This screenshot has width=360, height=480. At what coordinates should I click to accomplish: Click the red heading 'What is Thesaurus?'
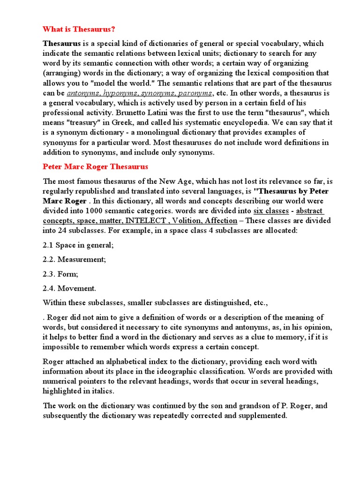[x=79, y=29]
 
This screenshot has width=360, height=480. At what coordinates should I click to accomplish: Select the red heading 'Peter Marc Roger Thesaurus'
[x=95, y=166]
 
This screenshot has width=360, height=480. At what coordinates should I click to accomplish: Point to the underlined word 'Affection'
[x=222, y=220]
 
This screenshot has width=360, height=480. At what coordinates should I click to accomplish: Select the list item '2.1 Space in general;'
[x=78, y=245]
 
